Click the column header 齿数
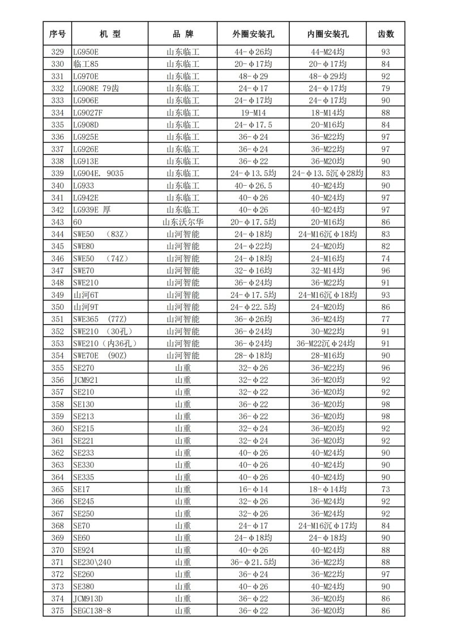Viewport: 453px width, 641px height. [x=386, y=34]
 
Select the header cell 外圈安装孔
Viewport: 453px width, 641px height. [x=253, y=34]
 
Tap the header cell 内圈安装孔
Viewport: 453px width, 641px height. [x=328, y=34]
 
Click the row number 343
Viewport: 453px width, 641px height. [x=57, y=222]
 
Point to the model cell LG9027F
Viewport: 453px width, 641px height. [x=88, y=112]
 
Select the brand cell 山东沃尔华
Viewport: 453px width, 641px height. [x=183, y=222]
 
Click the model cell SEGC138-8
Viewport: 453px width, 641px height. [x=96, y=610]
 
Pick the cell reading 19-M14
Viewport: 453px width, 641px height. [x=253, y=112]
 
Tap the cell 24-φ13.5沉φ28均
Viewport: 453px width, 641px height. [x=328, y=173]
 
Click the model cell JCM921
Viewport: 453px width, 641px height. [x=86, y=380]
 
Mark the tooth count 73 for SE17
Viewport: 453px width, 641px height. [x=386, y=489]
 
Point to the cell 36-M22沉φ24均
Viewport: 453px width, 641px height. [x=328, y=344]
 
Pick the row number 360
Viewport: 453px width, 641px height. [x=57, y=429]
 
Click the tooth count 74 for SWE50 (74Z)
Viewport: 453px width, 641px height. [x=386, y=258]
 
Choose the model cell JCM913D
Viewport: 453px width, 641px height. [x=88, y=599]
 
